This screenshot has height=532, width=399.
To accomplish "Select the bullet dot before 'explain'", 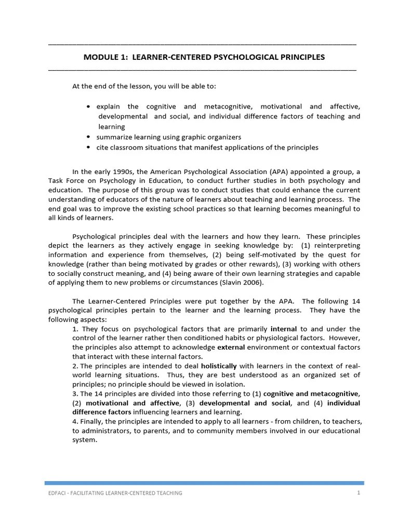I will (x=89, y=107).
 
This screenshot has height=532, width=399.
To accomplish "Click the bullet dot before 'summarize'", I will (x=89, y=137).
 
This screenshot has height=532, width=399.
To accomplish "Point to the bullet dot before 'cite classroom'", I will (x=89, y=148).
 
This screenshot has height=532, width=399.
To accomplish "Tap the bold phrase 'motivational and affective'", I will (x=132, y=403).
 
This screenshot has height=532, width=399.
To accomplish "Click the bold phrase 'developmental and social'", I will (x=241, y=403).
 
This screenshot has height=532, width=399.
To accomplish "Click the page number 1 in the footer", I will (x=358, y=493).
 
